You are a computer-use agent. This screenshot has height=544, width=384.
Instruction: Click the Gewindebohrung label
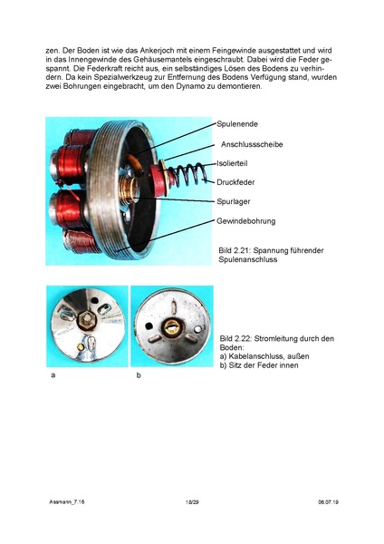pos(245,220)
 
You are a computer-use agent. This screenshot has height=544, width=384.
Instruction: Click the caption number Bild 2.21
pos(235,249)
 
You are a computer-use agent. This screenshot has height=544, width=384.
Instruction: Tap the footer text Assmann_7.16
pos(64,500)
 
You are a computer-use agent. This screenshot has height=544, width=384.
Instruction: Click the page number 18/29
pos(192,500)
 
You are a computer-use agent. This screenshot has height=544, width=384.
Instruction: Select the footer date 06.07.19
pos(329,500)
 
